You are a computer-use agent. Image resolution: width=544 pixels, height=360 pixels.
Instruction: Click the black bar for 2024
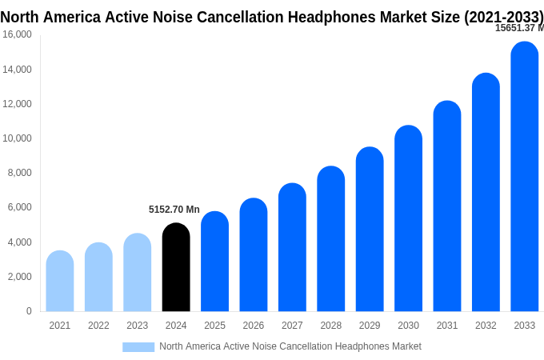[x=176, y=267]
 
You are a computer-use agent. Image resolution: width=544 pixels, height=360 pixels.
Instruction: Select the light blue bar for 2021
[x=60, y=281]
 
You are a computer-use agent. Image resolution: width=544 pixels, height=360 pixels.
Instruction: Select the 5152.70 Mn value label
[x=174, y=210]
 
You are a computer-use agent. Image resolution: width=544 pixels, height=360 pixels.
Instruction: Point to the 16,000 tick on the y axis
[x=17, y=34]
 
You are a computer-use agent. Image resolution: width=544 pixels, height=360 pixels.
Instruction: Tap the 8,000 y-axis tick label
[x=19, y=173]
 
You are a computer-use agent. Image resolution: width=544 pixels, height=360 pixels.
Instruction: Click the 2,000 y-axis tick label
[x=19, y=277]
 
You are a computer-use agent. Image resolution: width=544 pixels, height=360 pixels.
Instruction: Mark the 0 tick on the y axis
[x=29, y=311]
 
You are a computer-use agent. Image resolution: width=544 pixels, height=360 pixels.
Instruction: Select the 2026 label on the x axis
[x=253, y=326]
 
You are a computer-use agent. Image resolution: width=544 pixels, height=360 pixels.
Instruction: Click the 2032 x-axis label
[x=486, y=326]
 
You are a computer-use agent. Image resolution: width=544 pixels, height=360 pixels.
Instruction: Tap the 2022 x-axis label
[x=98, y=326]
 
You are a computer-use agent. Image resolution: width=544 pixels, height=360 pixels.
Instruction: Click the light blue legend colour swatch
[x=138, y=346]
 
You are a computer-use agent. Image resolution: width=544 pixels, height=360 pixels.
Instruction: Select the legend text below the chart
[x=290, y=346]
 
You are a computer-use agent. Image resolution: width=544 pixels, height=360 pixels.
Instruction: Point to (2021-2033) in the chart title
[x=503, y=16]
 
